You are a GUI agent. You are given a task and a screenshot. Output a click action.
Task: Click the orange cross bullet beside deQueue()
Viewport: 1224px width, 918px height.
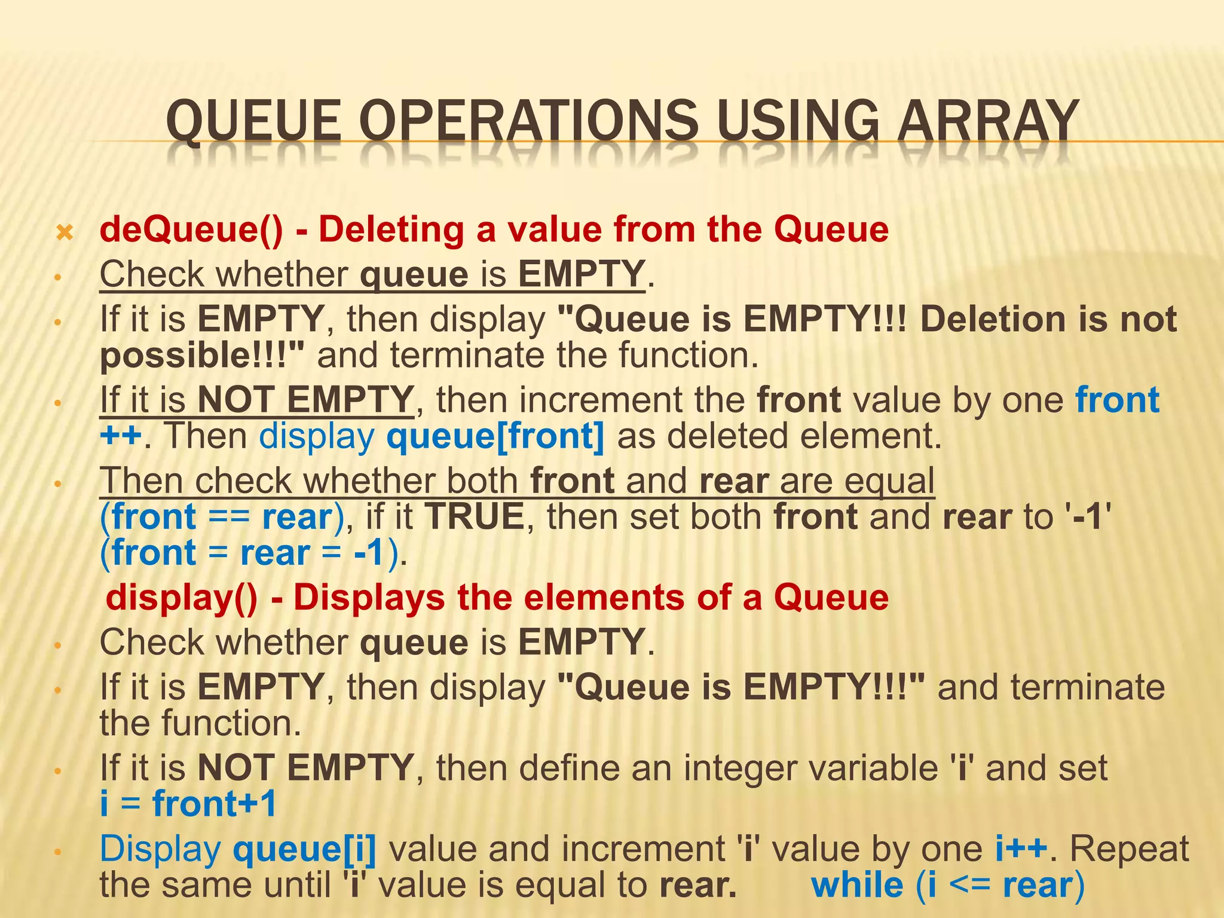(x=64, y=232)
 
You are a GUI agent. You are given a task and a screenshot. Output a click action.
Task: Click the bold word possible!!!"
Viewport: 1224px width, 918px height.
(x=202, y=356)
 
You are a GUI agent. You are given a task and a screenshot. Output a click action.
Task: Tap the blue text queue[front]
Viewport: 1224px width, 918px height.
(x=495, y=436)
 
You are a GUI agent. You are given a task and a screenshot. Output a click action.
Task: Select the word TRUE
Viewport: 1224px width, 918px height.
(x=475, y=517)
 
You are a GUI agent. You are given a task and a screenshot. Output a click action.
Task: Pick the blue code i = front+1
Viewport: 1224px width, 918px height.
(x=188, y=804)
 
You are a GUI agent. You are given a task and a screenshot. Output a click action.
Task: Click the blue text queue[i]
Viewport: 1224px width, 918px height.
(x=305, y=849)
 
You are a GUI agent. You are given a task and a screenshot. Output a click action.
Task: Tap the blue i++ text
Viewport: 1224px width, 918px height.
(x=1021, y=849)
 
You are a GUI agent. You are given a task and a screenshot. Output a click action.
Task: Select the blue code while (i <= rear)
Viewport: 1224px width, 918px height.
(x=947, y=886)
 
